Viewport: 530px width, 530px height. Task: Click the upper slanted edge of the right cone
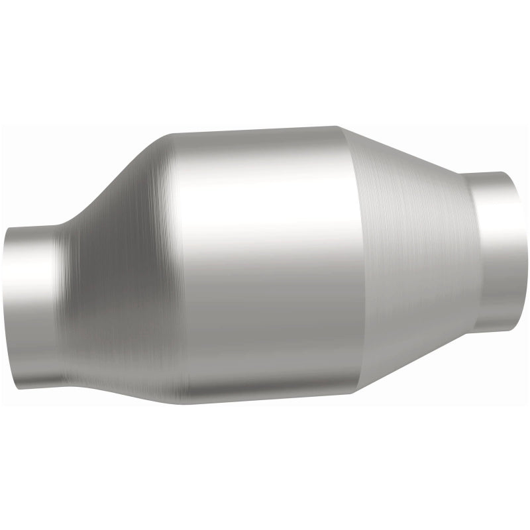tap(407, 152)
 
